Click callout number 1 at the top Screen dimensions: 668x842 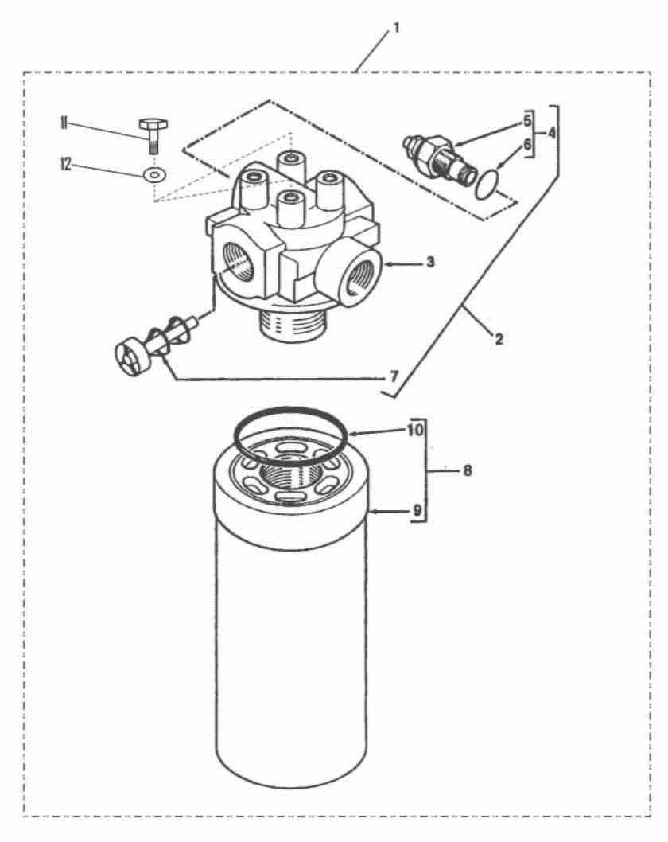(x=397, y=28)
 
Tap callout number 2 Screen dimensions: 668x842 (x=499, y=339)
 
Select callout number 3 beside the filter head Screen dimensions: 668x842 (x=430, y=263)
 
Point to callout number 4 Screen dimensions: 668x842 (x=552, y=133)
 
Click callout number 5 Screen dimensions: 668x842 (x=527, y=121)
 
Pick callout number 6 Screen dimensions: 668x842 (x=527, y=145)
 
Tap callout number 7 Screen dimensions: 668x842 (x=394, y=376)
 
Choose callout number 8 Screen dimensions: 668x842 (x=468, y=471)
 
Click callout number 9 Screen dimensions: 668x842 (x=417, y=511)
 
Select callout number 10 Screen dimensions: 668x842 (x=415, y=430)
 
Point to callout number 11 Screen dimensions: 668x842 (x=64, y=123)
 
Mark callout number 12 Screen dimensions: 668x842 (x=65, y=164)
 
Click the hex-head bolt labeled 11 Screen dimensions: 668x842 (x=153, y=136)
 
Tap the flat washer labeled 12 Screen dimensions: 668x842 (x=154, y=174)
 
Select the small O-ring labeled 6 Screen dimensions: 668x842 (x=487, y=182)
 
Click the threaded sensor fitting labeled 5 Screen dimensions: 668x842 (x=437, y=156)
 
